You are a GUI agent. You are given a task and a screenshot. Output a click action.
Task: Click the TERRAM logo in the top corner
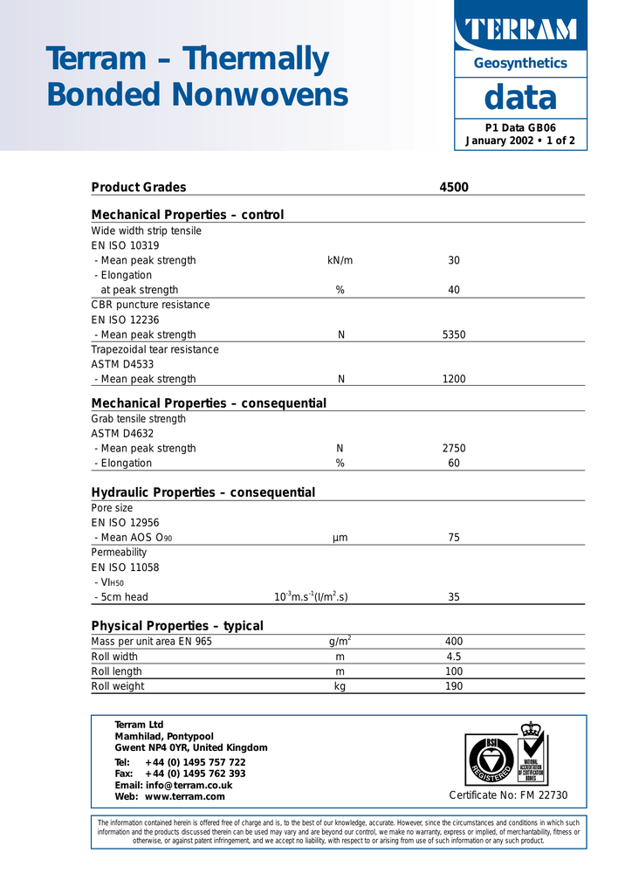coord(520,30)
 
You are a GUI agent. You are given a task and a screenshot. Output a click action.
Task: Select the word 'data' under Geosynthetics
coord(520,98)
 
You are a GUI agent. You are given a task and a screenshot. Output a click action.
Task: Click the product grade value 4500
coord(454,187)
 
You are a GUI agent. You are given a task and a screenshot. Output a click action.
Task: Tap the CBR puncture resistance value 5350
coord(454,334)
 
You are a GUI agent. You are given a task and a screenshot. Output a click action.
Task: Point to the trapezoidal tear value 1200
coord(454,379)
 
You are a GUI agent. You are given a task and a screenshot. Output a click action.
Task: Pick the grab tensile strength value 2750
coord(454,448)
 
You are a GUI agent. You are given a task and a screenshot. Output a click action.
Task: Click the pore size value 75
coord(454,538)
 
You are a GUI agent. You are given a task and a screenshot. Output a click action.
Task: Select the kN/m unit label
coord(340,260)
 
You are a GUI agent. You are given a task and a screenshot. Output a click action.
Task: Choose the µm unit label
coord(340,538)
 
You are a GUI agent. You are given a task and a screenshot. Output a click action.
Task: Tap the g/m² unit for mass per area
coord(340,642)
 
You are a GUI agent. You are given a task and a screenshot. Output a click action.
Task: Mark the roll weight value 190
coord(454,686)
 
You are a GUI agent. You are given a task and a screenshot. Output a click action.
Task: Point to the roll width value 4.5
coord(454,657)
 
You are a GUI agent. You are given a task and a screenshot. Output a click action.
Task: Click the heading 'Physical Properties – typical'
coord(177,626)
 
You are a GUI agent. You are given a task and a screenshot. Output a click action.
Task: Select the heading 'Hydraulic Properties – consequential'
coord(203,492)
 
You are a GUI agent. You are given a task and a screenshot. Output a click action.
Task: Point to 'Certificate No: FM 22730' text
coord(508,794)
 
